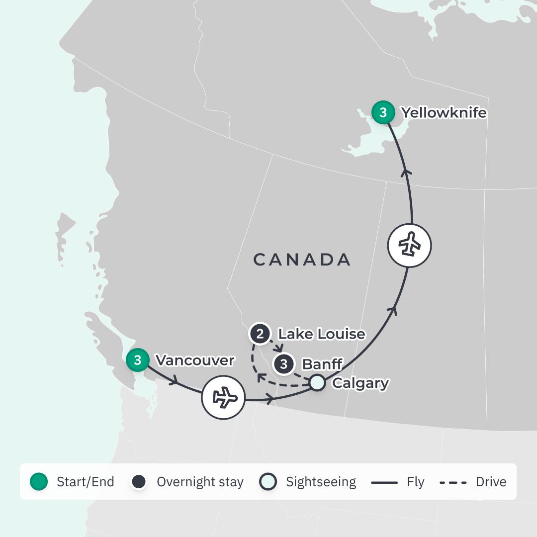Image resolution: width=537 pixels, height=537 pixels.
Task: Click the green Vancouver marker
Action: pos(137,360)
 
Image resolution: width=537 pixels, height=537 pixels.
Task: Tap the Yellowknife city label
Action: pos(444,113)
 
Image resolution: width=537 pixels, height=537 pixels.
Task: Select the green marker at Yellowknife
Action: pos(383,112)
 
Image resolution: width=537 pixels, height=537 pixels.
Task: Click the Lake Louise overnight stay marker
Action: pos(260,334)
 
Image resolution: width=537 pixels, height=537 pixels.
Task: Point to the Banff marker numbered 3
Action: pos(283,364)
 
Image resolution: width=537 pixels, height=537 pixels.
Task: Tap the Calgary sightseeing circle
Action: pos(317,383)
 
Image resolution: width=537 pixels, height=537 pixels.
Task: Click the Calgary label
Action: pos(360,383)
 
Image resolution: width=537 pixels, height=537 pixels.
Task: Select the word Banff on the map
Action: pos(322,364)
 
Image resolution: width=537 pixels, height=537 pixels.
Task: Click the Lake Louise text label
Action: pos(321,334)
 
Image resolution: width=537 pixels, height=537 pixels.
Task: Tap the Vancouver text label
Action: pos(194,360)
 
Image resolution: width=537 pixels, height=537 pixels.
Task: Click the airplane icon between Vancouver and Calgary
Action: pos(223,397)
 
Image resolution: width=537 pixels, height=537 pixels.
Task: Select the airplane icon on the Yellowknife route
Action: pos(409,245)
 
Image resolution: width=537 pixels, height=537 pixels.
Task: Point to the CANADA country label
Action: pos(302,260)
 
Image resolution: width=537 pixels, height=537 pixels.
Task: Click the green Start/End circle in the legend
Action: pos(39,481)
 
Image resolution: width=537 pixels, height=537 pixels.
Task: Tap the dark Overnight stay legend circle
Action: pos(139,481)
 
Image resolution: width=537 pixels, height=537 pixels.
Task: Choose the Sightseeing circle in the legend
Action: pos(268,481)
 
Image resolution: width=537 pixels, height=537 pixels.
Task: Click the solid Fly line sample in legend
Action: pos(384,482)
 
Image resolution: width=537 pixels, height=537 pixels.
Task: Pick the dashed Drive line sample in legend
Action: pos(453,482)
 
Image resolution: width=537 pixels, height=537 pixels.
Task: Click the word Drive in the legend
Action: pos(491,482)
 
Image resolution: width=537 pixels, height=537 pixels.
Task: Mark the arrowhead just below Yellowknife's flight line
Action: pos(407,172)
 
